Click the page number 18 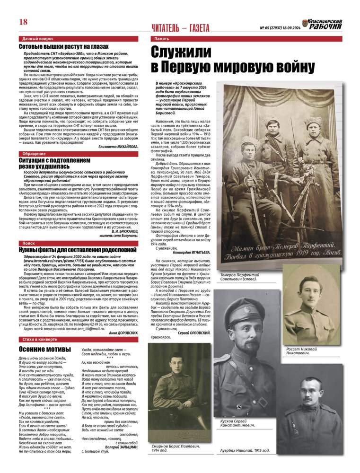(23, 21)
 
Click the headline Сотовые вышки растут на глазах (63, 47)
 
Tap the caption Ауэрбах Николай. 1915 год (246, 450)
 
